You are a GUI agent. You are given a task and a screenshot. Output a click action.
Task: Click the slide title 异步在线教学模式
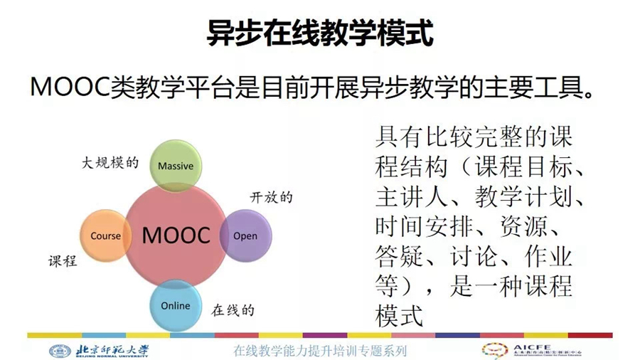point(319,33)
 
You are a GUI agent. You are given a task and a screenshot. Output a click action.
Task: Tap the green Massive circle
point(176,165)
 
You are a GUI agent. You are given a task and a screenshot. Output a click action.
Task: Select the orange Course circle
point(106,235)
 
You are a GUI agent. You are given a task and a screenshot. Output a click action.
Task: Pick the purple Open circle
point(246,235)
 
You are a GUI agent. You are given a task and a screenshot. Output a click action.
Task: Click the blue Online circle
point(176,305)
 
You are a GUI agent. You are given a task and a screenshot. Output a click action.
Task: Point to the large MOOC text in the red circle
point(176,235)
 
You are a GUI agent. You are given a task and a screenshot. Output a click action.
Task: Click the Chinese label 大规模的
point(110,163)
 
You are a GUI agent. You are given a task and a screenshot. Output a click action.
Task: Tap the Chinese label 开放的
point(272,198)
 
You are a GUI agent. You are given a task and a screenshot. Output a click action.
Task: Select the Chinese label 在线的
point(233,311)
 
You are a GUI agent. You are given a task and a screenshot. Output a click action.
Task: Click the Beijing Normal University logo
point(98,351)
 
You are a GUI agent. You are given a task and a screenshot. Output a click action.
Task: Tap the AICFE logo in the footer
point(532,350)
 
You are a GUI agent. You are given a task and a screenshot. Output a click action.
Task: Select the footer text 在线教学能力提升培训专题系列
point(320,351)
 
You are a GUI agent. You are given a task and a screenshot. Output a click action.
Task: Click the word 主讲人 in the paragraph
point(412,197)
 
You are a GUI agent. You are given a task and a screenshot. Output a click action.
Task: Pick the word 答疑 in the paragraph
point(399,256)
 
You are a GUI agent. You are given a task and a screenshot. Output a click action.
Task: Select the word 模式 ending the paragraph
point(399,316)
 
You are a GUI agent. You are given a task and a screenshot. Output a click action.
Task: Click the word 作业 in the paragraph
point(548,256)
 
